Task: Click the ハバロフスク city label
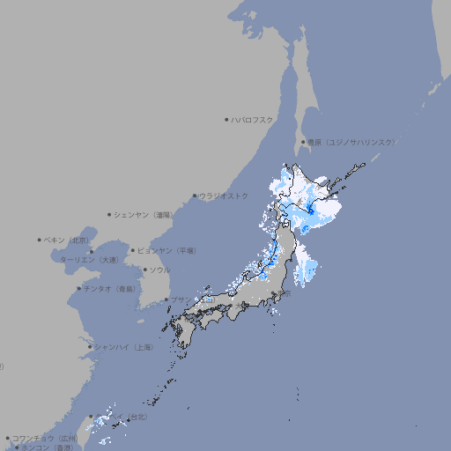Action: (x=253, y=119)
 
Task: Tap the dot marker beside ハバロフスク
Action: (x=226, y=119)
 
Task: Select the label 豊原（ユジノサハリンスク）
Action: (x=351, y=142)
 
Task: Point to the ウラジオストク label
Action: (x=224, y=196)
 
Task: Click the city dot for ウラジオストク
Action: (x=195, y=196)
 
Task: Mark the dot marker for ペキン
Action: (x=40, y=240)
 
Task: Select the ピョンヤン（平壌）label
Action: (x=166, y=250)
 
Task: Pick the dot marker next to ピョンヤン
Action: (x=133, y=250)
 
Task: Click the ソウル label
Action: (x=159, y=270)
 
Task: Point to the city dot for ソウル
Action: (x=144, y=270)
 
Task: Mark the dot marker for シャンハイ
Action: (x=90, y=347)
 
